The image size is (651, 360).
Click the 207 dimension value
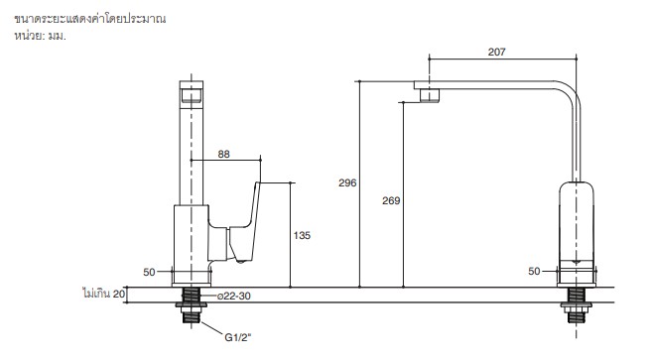[x=496, y=52]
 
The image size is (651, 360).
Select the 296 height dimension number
[x=347, y=182]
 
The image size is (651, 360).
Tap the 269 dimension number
[x=391, y=200]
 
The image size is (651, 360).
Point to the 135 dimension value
[x=302, y=236]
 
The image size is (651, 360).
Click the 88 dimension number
[x=224, y=155]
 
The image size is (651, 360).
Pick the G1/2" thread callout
[x=238, y=337]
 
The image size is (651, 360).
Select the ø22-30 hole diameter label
[x=234, y=297]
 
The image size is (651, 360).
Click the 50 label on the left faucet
[x=149, y=272]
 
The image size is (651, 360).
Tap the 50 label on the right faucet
[x=534, y=272]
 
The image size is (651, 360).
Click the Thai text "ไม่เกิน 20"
[x=104, y=294]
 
